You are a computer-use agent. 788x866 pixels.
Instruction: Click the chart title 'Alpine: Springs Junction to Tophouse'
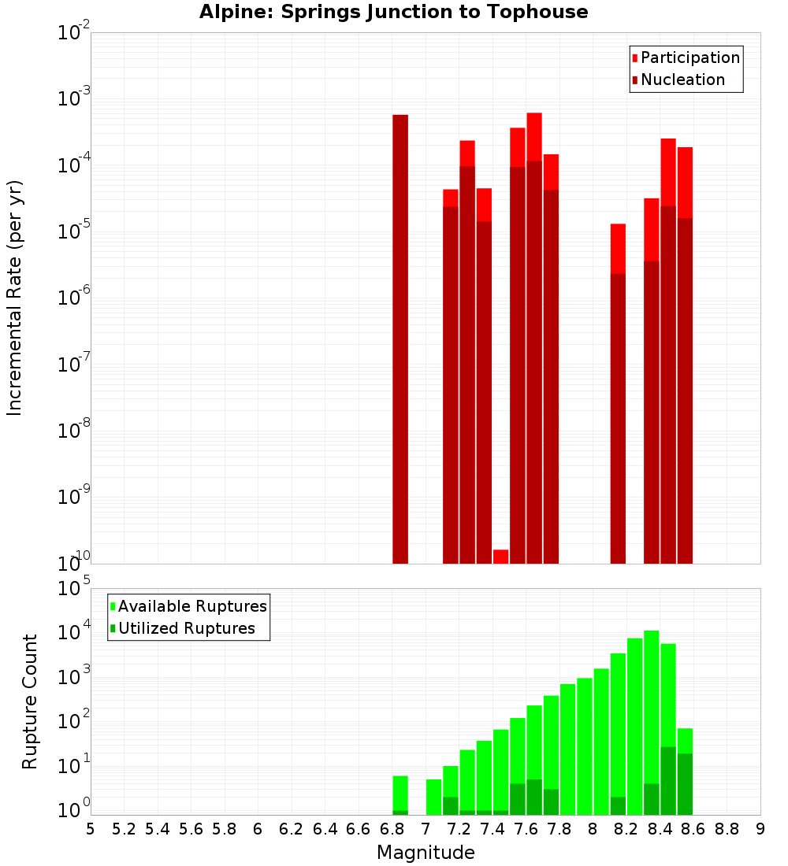[x=393, y=12]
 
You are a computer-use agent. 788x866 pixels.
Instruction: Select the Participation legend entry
[x=686, y=57]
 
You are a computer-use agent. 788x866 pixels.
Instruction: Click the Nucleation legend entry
[x=678, y=80]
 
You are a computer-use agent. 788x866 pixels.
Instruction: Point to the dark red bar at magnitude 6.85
[x=400, y=339]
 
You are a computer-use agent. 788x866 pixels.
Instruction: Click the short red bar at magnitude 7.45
[x=500, y=556]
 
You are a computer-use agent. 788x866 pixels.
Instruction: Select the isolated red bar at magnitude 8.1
[x=618, y=394]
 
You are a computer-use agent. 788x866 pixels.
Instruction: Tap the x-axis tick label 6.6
[x=358, y=829]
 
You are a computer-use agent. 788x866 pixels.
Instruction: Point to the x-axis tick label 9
[x=760, y=829]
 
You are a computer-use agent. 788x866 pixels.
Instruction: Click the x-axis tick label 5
[x=91, y=829]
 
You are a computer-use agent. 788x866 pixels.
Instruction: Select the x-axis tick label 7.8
[x=559, y=829]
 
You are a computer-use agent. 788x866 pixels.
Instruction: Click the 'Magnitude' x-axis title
[x=426, y=853]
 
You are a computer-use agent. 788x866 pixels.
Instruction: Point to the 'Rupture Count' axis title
[x=30, y=701]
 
